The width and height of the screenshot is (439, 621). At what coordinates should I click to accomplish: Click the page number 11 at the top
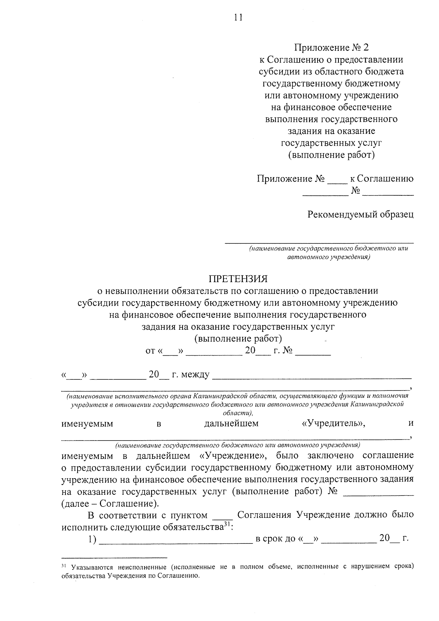click(x=238, y=17)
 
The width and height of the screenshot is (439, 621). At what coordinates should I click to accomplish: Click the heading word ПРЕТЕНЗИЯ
click(x=238, y=279)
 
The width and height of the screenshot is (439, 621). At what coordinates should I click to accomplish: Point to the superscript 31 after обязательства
click(x=228, y=525)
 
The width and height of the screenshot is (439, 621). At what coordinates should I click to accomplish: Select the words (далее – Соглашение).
click(x=110, y=504)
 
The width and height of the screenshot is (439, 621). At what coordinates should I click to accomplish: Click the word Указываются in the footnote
click(x=93, y=568)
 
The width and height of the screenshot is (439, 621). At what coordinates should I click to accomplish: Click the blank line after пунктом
click(x=222, y=517)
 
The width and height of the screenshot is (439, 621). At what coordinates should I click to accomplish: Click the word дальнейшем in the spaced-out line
click(x=231, y=423)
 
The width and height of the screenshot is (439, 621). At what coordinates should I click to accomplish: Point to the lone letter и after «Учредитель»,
click(x=411, y=423)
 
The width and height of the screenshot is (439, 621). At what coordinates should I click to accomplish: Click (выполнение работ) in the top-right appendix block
click(x=331, y=155)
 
